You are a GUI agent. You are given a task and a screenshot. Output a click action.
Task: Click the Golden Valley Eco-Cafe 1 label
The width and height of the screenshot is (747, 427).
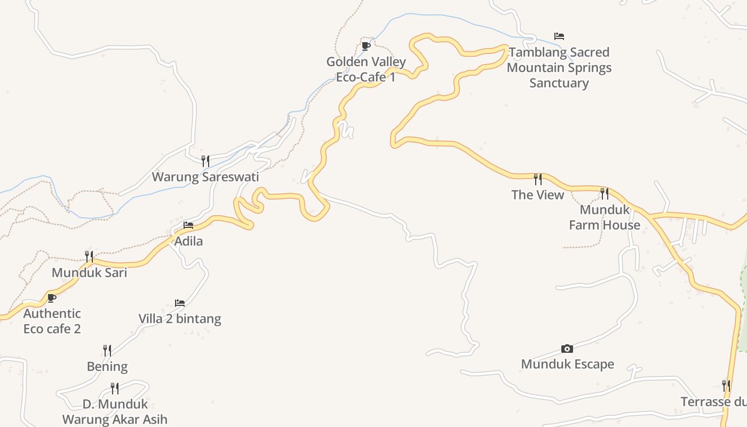(x=366, y=69)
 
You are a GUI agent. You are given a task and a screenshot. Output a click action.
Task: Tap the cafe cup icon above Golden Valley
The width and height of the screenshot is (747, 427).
(x=366, y=46)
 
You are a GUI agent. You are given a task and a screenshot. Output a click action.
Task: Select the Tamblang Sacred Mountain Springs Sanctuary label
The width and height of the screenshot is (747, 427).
(x=559, y=67)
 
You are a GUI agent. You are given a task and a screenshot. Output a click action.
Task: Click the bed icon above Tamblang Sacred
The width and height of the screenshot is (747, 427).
(x=559, y=36)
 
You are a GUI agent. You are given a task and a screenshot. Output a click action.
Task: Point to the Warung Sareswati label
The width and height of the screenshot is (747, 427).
(x=205, y=177)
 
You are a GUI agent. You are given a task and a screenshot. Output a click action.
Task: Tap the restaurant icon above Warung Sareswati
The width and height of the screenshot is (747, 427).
(x=205, y=161)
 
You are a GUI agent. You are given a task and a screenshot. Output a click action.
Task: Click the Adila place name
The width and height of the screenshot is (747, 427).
(x=189, y=241)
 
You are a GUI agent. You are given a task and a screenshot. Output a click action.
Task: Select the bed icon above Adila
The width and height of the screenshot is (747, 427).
(x=188, y=225)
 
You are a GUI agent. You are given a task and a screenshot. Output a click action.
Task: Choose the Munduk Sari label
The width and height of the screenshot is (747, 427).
(x=89, y=273)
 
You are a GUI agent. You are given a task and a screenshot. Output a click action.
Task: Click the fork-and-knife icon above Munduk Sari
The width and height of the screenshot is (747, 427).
(x=89, y=257)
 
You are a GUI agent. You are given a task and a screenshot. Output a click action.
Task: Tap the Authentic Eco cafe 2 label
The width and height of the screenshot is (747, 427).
(x=52, y=321)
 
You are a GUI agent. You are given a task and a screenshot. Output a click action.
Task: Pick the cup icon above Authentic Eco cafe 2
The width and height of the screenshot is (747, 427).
(x=52, y=298)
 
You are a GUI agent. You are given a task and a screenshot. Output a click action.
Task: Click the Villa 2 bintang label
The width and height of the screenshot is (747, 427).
(x=180, y=319)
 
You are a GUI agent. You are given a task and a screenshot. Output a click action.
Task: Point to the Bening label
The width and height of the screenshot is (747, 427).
(x=107, y=367)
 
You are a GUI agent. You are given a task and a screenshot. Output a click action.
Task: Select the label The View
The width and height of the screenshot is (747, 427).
(x=538, y=195)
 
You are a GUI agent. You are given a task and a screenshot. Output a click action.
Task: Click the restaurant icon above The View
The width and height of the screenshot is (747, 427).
(x=538, y=179)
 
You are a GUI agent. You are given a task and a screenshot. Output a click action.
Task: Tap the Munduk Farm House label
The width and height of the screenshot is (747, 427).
(x=605, y=217)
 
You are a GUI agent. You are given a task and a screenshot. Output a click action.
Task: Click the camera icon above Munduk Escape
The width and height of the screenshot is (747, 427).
(x=567, y=349)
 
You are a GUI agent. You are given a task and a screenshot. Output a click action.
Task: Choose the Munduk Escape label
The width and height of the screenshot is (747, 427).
(x=567, y=364)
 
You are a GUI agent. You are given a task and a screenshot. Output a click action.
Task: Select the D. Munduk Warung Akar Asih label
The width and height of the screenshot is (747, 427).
(x=115, y=412)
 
